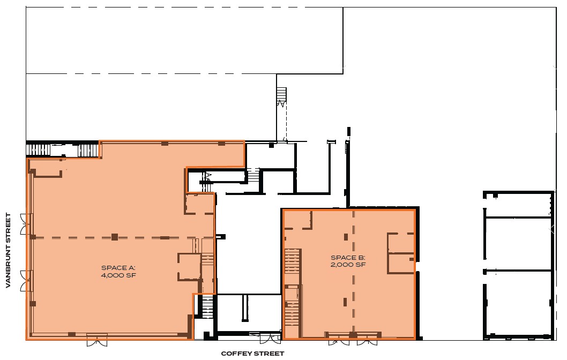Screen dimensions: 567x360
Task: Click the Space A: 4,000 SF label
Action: [118, 272]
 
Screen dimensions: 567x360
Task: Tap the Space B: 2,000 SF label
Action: [348, 261]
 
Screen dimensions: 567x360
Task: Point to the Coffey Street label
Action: [252, 354]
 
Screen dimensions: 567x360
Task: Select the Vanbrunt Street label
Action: [8, 251]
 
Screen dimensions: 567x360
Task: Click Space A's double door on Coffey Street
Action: [97, 340]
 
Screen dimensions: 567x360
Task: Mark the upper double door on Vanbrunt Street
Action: [27, 224]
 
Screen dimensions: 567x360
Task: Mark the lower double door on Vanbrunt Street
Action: [27, 281]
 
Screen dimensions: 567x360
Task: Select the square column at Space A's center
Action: [115, 237]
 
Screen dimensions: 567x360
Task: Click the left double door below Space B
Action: [339, 340]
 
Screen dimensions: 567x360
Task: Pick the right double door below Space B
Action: [367, 340]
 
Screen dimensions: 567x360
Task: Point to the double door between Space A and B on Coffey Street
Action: [270, 338]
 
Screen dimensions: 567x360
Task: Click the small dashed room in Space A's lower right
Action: [189, 266]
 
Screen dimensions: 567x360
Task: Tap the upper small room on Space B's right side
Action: [401, 243]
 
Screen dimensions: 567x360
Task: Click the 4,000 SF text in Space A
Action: [118, 275]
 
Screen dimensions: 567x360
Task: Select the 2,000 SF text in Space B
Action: [348, 265]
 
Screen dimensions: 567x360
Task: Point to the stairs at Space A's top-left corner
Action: [62, 149]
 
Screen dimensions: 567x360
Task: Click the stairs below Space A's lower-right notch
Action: [207, 307]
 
